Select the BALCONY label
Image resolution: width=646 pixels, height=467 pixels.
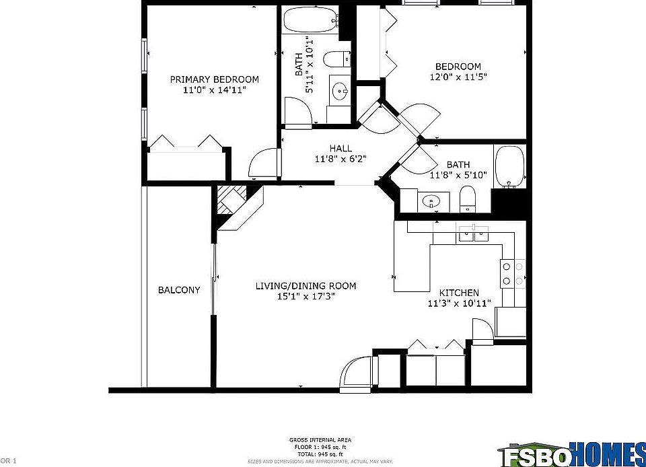(179, 290)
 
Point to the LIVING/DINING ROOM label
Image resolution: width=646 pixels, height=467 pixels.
(306, 286)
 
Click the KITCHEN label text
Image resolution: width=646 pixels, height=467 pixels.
(459, 293)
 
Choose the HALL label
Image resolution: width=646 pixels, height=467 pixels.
(340, 149)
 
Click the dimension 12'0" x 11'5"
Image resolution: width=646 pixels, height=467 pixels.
(458, 77)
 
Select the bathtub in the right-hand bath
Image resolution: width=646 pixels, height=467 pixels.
(509, 167)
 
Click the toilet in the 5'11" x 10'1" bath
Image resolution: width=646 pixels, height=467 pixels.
(336, 60)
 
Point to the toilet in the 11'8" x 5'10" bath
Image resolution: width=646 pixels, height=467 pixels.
(467, 198)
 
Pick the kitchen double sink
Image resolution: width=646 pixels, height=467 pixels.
(474, 233)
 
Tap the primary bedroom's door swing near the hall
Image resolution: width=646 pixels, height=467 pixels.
(262, 164)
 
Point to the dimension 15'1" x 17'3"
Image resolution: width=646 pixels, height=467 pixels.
(306, 296)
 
